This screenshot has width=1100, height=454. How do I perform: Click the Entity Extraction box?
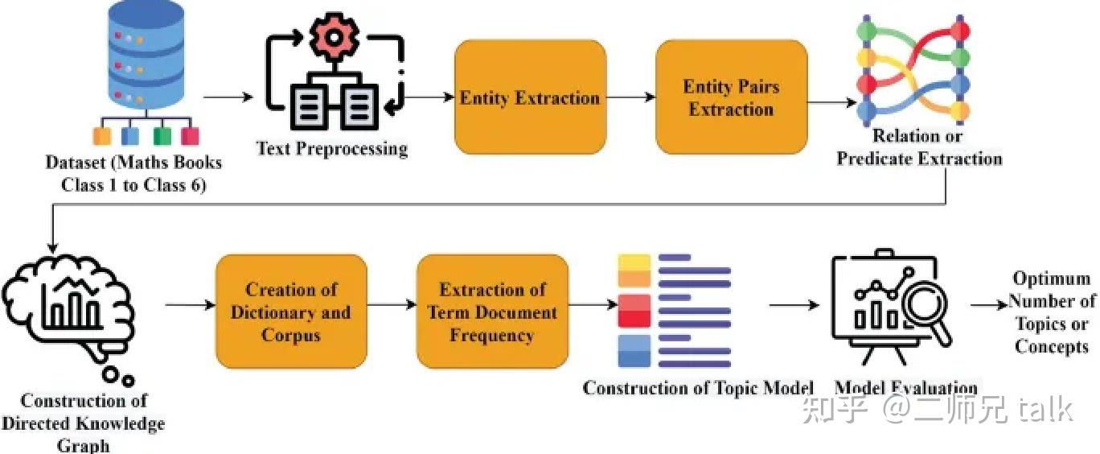[x=531, y=97]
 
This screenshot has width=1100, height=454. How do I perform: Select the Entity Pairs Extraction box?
[x=732, y=97]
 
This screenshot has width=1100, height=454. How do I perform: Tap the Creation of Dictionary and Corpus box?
[x=291, y=311]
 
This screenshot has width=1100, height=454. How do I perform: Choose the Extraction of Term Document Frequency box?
[x=493, y=311]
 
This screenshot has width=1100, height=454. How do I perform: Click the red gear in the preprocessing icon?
[x=334, y=37]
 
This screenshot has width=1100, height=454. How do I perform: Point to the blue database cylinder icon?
[x=146, y=55]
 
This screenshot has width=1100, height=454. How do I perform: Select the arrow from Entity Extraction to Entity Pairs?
[x=631, y=97]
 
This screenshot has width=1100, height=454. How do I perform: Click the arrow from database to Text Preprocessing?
[x=228, y=97]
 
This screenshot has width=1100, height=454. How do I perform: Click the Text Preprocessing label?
[x=332, y=149]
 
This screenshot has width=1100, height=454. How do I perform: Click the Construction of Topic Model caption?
[x=698, y=388]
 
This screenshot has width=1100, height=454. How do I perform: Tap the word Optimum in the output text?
[x=1052, y=279]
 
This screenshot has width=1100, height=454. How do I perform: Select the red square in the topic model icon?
[x=634, y=311]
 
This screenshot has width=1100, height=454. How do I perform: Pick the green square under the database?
[x=162, y=136]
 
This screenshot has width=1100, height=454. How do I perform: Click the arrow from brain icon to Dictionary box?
[x=191, y=305]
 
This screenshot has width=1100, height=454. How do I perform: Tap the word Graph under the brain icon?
[x=84, y=446]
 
